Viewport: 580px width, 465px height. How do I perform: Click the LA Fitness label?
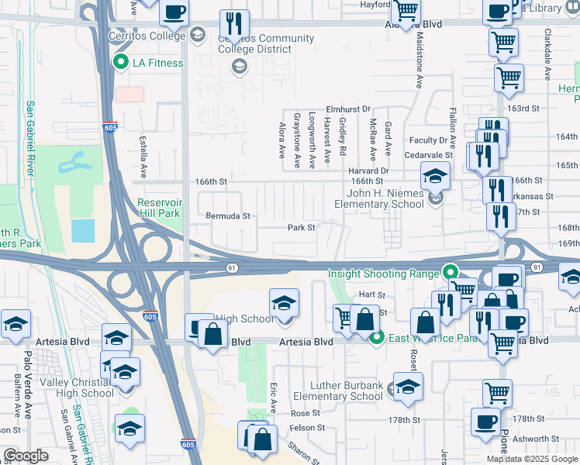(158, 63)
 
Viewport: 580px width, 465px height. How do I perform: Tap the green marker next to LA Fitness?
(120, 63)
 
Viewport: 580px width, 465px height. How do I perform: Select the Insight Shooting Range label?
(383, 273)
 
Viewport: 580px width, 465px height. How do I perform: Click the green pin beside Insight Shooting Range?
(448, 272)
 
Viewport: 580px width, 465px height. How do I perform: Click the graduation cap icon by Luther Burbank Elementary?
(408, 385)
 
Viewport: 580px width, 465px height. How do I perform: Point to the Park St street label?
(302, 228)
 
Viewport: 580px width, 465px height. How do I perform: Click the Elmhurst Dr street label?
(349, 109)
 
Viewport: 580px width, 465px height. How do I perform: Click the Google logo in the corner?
(26, 456)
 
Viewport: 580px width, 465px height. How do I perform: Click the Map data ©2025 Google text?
(532, 459)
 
